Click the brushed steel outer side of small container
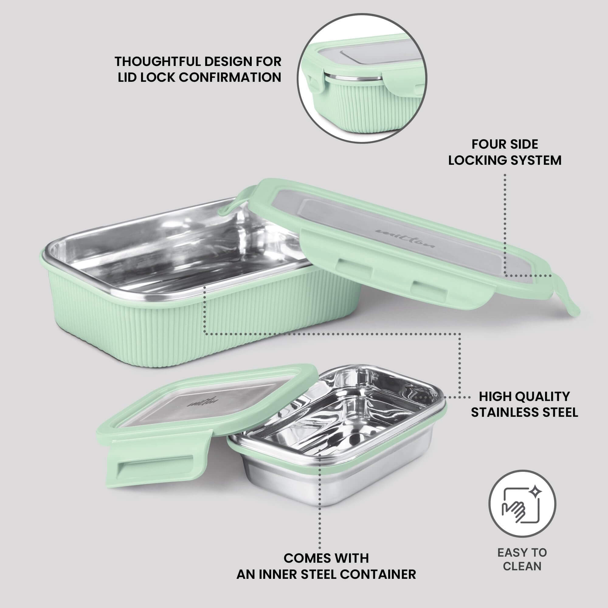pos(346,491)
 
